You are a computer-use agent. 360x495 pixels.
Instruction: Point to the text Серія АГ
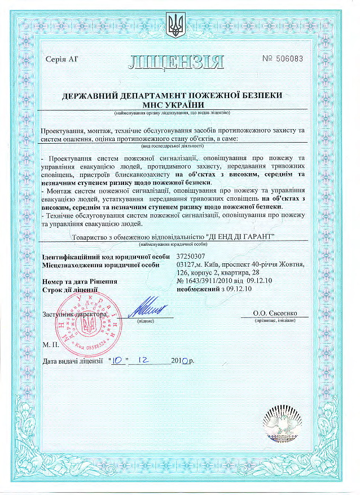[60, 59]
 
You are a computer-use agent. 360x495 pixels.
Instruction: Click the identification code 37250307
[192, 257]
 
